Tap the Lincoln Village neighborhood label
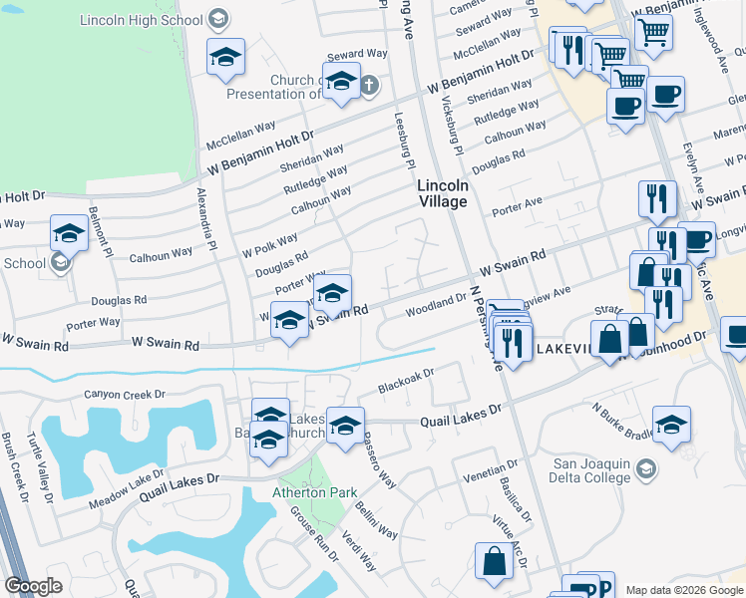(442, 193)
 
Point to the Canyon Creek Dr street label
(124, 395)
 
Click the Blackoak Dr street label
(407, 381)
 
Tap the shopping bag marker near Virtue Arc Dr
(495, 561)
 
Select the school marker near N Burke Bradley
(671, 423)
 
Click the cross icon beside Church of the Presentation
(368, 85)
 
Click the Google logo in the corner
(33, 586)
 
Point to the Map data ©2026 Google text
(685, 590)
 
